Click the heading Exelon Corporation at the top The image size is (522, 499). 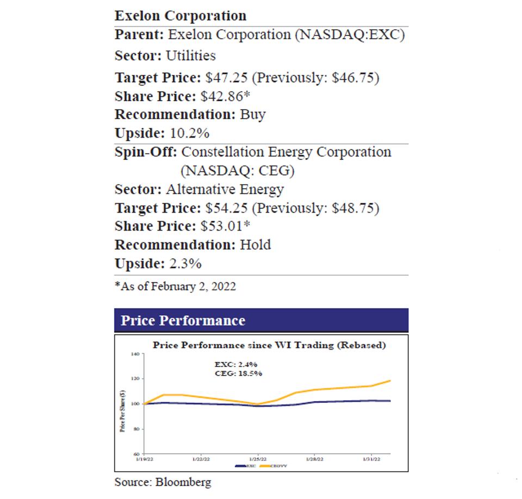click(180, 15)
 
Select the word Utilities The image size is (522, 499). click(190, 55)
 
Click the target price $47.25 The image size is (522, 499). click(225, 78)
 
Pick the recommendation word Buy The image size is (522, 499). click(253, 115)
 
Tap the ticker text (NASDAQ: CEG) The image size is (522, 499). click(237, 171)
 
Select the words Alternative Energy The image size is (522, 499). click(225, 190)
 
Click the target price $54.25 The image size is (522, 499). click(225, 208)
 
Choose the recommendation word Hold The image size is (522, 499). click(255, 245)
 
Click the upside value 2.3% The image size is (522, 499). click(184, 264)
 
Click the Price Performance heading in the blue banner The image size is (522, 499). click(183, 320)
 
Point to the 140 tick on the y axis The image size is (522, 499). click(135, 354)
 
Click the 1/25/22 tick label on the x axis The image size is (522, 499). click(258, 459)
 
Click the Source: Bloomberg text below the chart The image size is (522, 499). click(163, 482)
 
